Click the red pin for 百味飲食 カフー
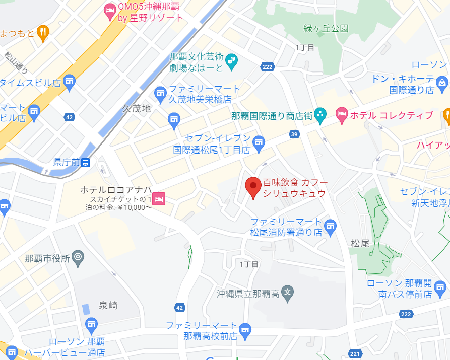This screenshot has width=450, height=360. [253, 187]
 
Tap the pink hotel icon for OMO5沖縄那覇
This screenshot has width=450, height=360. [110, 9]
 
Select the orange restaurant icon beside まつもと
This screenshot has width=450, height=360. [43, 33]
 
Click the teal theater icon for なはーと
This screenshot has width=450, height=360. [232, 62]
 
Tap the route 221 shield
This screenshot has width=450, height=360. [355, 354]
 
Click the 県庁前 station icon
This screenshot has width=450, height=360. [86, 162]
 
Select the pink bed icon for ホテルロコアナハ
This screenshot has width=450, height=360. [159, 198]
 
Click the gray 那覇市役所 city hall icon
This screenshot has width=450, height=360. [78, 258]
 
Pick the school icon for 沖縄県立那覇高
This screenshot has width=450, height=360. [287, 293]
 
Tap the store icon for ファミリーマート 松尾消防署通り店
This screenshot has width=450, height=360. [330, 227]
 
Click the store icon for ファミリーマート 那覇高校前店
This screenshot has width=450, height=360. [245, 330]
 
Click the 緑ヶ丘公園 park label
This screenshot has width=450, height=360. [326, 28]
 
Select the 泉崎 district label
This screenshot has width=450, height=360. [108, 305]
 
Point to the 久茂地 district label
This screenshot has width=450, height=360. [137, 108]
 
